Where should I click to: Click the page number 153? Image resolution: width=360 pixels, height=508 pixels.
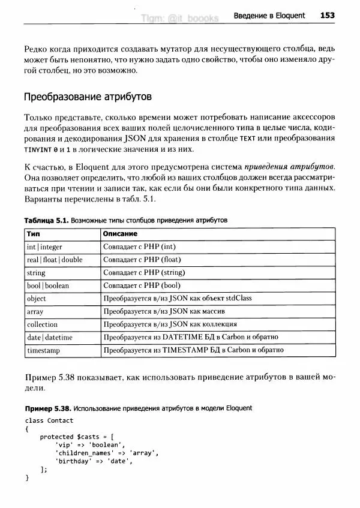point(327,15)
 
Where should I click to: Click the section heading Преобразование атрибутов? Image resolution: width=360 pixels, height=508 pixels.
point(87,97)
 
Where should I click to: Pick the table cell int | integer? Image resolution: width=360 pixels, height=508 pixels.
point(44,247)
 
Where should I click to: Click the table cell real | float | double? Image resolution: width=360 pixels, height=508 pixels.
point(55,260)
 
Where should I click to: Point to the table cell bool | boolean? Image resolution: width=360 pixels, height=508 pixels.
point(48,285)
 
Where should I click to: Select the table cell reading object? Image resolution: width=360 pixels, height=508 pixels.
point(37,299)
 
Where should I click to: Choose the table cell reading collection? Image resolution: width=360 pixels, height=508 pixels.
point(43,324)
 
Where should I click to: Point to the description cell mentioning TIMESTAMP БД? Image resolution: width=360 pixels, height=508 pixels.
point(193,350)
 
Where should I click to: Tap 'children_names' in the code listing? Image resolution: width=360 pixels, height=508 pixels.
point(82,453)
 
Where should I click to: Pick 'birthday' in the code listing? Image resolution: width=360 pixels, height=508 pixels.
point(71,461)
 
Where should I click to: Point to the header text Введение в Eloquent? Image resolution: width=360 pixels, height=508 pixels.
point(269,15)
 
